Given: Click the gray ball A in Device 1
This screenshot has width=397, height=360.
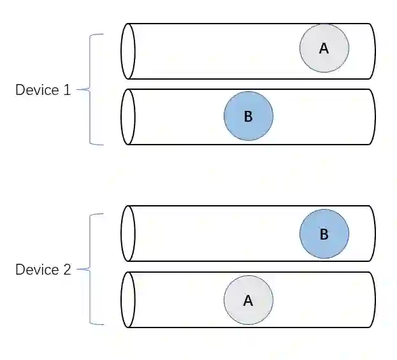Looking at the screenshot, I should click(x=324, y=48).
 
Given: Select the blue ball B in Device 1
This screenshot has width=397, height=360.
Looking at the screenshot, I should click(x=249, y=116).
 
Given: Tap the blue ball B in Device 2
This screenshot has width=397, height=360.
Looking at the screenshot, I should click(x=324, y=234).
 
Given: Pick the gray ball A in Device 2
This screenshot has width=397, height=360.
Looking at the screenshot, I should click(x=249, y=300).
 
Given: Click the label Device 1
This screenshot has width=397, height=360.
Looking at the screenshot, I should click(x=43, y=90).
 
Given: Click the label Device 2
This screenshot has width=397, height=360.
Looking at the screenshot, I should click(x=43, y=270).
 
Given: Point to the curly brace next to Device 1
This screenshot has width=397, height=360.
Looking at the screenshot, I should click(x=89, y=90).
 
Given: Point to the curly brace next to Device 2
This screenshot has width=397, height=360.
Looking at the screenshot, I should click(x=89, y=270).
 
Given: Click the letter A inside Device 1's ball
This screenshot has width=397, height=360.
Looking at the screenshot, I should click(x=324, y=48).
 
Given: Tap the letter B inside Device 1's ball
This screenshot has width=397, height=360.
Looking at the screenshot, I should click(x=249, y=117).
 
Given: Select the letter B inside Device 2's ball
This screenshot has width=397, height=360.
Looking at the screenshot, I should click(x=324, y=234).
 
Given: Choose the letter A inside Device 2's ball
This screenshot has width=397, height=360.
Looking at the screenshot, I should click(x=249, y=301).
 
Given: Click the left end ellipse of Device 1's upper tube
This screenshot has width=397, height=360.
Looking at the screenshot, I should click(x=128, y=51).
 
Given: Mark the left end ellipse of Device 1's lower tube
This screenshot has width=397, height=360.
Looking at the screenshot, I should click(x=128, y=117).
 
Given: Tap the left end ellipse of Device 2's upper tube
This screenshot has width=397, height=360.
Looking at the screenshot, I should click(x=128, y=233).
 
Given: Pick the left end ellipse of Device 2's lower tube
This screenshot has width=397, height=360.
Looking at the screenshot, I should click(x=128, y=299).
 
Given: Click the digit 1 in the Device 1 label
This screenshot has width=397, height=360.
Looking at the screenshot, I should click(x=67, y=90).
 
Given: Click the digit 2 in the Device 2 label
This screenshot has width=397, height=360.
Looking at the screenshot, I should click(x=67, y=270).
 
